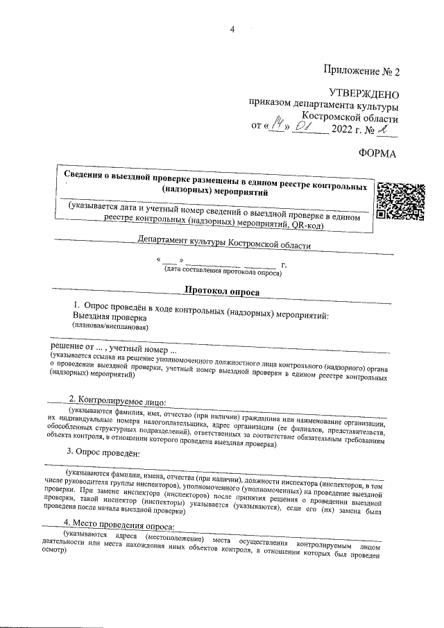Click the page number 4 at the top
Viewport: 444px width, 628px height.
click(x=233, y=29)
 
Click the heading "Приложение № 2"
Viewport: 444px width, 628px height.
click(x=361, y=71)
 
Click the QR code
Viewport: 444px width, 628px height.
click(x=400, y=200)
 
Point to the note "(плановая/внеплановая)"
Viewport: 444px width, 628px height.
click(x=108, y=326)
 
